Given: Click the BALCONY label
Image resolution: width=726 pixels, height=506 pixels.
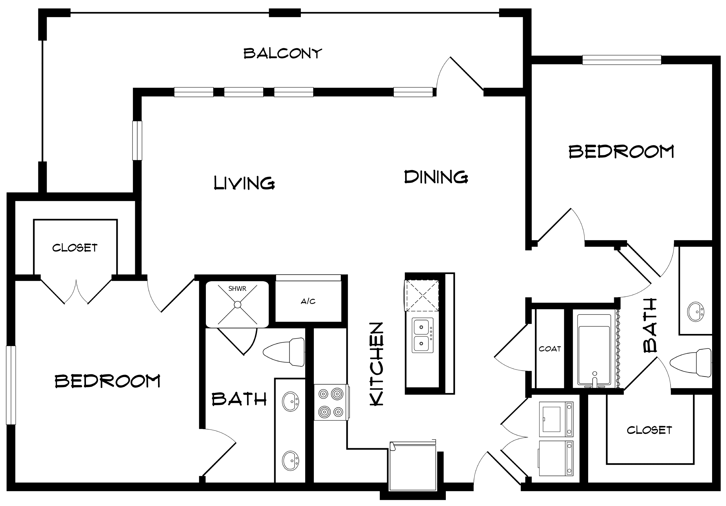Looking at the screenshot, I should (x=283, y=53).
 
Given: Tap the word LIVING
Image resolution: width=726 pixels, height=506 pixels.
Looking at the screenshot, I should (x=244, y=183).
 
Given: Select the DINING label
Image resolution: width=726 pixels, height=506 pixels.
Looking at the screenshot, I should (x=436, y=177).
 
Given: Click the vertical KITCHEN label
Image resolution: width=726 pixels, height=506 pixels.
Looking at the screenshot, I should (x=377, y=364).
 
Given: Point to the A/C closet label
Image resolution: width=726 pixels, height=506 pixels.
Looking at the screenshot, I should (x=308, y=301).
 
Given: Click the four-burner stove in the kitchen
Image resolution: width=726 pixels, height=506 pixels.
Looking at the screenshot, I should (x=331, y=403).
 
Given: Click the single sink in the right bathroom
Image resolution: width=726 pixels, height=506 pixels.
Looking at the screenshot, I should (x=695, y=312).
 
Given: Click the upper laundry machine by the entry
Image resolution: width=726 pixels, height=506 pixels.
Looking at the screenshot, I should (x=556, y=419).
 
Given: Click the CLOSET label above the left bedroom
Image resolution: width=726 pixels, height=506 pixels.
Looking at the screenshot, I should (x=75, y=248).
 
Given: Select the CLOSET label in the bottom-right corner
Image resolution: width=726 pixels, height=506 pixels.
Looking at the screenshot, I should (x=649, y=430).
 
